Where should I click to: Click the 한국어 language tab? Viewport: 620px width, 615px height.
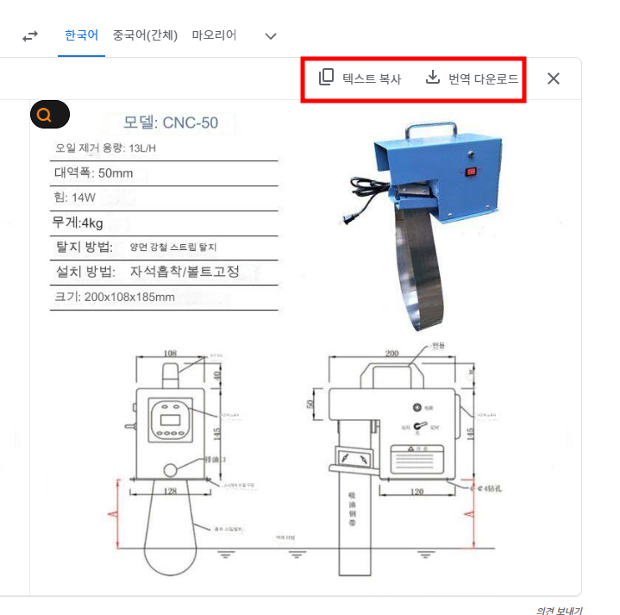81,35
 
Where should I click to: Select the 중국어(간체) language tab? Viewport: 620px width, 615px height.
145,35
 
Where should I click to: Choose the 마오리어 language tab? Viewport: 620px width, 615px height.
214,35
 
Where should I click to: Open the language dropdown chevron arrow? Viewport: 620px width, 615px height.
271,36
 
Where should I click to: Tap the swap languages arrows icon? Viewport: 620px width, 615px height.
30,36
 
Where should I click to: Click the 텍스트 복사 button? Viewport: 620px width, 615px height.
360,78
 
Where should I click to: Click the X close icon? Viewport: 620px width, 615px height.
554,78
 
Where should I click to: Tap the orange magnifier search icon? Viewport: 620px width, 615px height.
49,115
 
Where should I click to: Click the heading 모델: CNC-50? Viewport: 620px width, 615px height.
171,122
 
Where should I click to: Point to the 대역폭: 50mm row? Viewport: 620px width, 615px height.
94,173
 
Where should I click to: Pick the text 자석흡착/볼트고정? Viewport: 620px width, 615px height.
185,273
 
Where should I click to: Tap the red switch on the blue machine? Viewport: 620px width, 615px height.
471,172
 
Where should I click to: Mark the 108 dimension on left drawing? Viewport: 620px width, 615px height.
170,353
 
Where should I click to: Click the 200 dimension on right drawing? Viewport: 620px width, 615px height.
393,354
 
